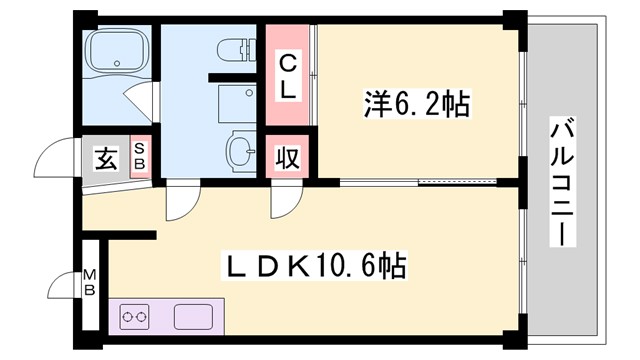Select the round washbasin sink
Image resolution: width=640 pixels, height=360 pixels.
click(x=240, y=153)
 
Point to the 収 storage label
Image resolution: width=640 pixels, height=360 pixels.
click(x=287, y=159)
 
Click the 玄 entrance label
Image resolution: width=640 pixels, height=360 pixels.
click(x=105, y=157)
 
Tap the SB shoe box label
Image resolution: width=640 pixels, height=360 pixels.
click(x=140, y=157)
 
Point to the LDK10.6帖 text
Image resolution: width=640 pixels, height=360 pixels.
click(x=315, y=266)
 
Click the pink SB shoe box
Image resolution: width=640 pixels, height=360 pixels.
click(x=140, y=157)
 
